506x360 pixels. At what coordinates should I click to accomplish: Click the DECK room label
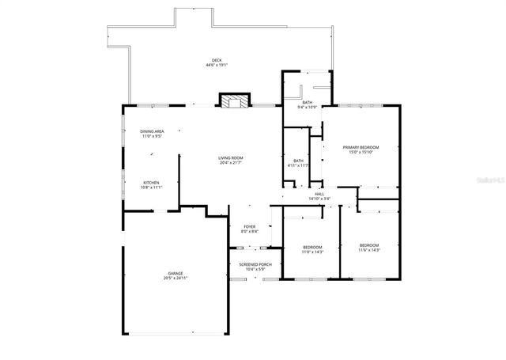tap(217, 60)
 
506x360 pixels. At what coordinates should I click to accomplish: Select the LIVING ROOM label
tap(231, 158)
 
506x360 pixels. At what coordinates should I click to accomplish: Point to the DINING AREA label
tap(152, 131)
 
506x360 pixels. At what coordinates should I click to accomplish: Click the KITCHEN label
tap(152, 183)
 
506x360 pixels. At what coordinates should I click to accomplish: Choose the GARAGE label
tap(175, 273)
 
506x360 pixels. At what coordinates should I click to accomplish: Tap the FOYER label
tap(249, 227)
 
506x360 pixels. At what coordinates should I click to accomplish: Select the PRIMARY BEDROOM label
tap(361, 147)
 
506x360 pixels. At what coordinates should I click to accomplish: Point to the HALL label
tap(319, 194)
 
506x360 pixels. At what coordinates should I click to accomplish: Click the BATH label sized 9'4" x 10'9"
tap(307, 102)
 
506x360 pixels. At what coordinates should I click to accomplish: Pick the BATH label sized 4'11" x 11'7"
tap(298, 161)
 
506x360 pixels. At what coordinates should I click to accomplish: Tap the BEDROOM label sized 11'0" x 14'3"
tap(313, 247)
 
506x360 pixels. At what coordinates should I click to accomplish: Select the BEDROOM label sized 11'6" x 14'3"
tap(369, 245)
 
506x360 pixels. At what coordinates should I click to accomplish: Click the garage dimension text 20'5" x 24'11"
tap(175, 279)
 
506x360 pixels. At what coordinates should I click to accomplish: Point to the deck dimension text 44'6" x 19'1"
tap(217, 66)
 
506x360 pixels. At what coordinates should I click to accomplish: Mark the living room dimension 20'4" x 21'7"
tap(231, 164)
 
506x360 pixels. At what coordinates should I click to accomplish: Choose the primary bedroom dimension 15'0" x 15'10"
tap(361, 153)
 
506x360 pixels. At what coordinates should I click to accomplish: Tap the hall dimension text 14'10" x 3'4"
tap(319, 199)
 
